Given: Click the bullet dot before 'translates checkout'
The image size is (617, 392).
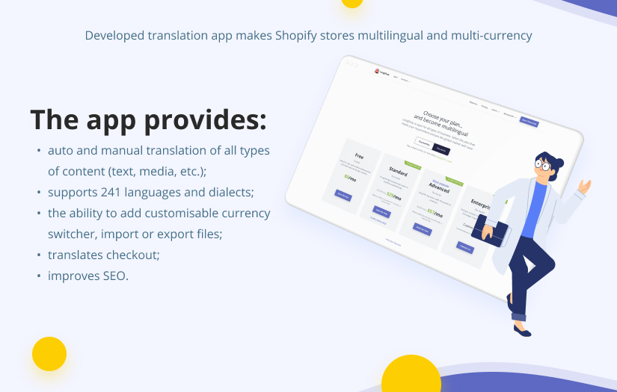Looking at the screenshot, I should click(39, 255).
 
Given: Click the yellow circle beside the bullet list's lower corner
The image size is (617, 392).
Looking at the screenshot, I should click(49, 354).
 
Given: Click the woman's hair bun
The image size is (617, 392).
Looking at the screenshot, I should click(558, 161).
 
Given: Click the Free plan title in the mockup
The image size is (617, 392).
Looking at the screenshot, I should click(359, 156).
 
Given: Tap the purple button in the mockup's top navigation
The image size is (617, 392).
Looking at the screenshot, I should click(529, 122).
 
